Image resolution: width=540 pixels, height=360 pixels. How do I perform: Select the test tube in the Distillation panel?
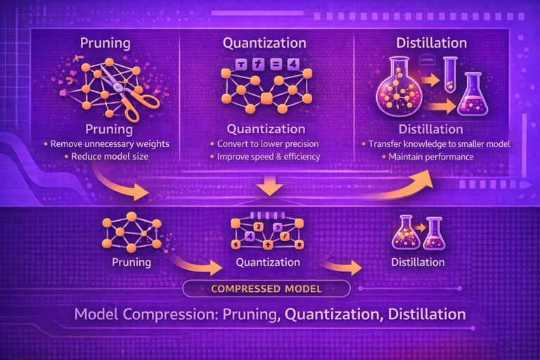(450, 75)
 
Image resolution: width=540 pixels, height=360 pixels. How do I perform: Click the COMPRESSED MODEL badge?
(266, 289)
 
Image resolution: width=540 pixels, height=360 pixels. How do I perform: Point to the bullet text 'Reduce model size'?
(110, 157)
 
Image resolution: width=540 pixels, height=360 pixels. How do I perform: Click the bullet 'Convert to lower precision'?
(268, 144)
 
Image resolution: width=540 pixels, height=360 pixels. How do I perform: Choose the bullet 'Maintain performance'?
(431, 157)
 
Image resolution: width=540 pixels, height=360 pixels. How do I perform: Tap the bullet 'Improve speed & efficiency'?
(269, 157)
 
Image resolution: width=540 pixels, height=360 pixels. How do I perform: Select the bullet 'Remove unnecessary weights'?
(110, 144)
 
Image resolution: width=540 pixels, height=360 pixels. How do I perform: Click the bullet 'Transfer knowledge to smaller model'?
(439, 144)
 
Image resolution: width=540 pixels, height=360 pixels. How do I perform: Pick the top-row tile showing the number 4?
(292, 64)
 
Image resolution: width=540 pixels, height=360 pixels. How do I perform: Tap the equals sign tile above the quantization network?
(276, 64)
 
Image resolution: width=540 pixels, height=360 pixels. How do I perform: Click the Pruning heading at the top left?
(105, 44)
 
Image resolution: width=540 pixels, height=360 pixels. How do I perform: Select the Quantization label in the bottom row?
(268, 262)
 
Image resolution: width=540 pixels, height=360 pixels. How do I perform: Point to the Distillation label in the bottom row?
(418, 262)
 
